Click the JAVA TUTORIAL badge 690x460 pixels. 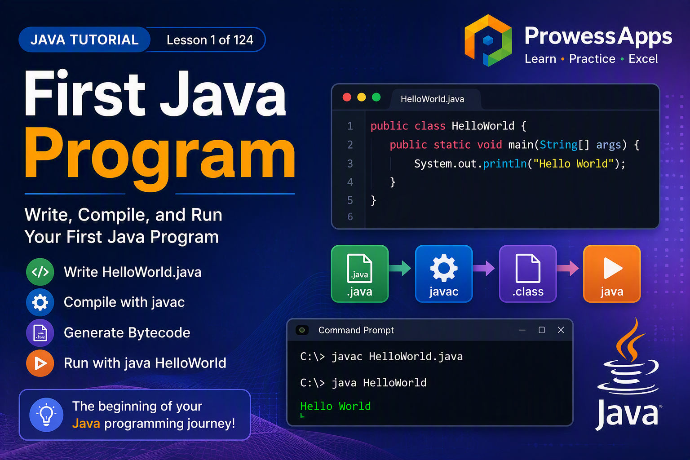(x=84, y=40)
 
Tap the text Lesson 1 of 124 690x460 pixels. (x=210, y=40)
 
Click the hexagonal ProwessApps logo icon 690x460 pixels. (x=488, y=40)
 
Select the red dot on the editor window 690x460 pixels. (x=347, y=97)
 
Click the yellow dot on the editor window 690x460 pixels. (x=361, y=97)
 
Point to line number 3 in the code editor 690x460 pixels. (x=350, y=164)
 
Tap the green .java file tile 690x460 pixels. (x=359, y=274)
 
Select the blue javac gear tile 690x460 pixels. (x=443, y=274)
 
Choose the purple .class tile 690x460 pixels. (x=528, y=274)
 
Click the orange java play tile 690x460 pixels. (x=612, y=274)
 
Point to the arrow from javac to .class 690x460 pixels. (x=484, y=268)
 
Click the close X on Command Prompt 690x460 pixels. (x=561, y=330)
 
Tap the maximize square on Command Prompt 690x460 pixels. (x=541, y=330)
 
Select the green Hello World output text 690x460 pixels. (x=336, y=406)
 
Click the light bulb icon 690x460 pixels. (x=46, y=415)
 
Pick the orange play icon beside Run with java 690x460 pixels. (x=40, y=363)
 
